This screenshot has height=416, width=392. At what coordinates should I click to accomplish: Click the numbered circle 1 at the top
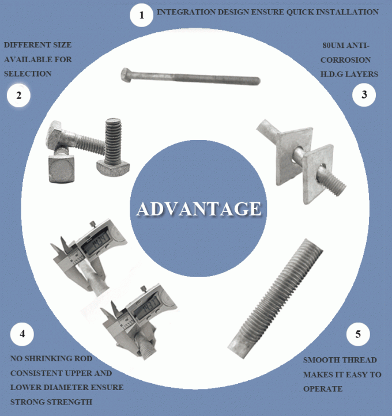141,15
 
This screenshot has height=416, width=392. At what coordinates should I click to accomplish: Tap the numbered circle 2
18,96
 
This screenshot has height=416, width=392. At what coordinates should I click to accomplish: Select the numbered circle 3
364,94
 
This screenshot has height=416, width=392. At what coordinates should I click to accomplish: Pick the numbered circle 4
22,334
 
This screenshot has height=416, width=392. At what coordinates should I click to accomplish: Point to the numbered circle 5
358,334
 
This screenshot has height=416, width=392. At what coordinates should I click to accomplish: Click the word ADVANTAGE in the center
198,209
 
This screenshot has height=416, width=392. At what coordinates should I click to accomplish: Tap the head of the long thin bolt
127,74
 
